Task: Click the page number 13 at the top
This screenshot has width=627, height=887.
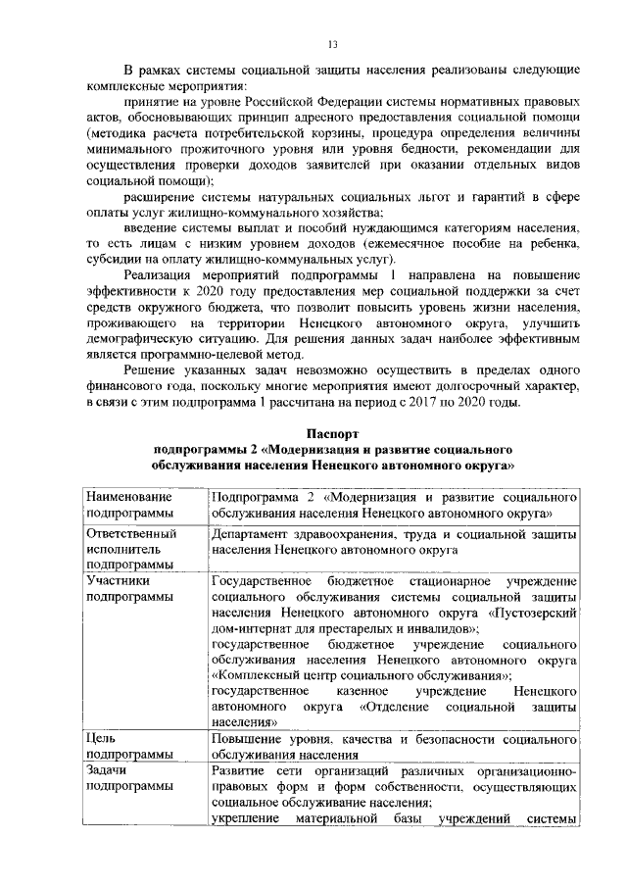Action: tap(332, 45)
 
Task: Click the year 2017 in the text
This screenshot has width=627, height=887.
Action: tap(460, 401)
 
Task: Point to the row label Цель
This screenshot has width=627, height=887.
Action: tap(101, 740)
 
